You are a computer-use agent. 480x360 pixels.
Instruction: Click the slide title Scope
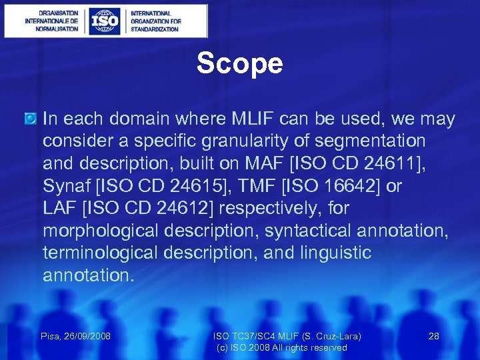239,64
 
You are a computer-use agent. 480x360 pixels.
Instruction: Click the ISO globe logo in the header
105,21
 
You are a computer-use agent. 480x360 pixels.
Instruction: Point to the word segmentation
363,141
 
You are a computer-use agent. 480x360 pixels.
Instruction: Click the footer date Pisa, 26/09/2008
75,336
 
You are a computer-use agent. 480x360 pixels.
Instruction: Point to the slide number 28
433,336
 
